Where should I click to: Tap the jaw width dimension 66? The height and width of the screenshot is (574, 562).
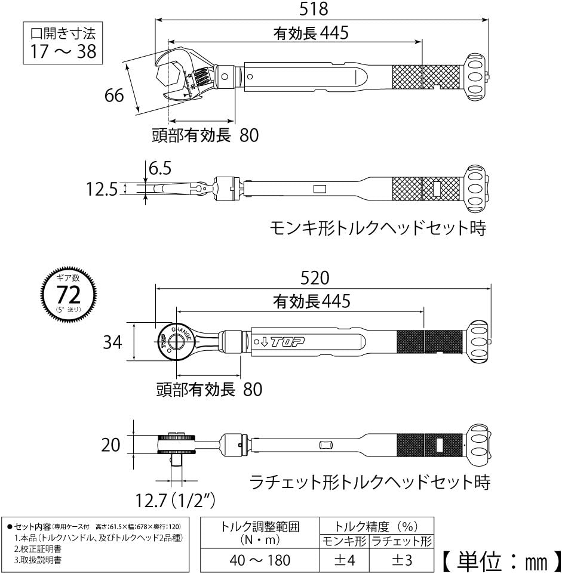tap(114, 95)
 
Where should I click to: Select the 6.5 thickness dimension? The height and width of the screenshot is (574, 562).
tap(159, 168)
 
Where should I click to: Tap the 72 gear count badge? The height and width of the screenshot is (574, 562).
tap(68, 294)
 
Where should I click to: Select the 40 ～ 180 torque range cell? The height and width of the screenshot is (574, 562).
tap(260, 560)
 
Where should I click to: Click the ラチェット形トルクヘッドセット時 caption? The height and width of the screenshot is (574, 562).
tap(370, 482)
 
